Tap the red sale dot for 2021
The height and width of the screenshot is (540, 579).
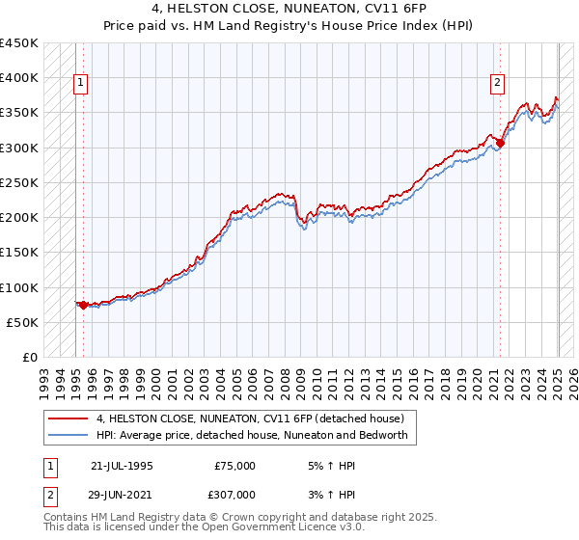pyautogui.click(x=500, y=144)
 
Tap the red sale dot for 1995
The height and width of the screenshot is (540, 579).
pyautogui.click(x=83, y=306)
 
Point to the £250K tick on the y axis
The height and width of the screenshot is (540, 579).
pyautogui.click(x=19, y=182)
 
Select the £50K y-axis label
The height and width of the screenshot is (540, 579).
pyautogui.click(x=23, y=322)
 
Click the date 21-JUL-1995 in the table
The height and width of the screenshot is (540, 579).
pyautogui.click(x=122, y=465)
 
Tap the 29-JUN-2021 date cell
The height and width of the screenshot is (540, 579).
pyautogui.click(x=122, y=494)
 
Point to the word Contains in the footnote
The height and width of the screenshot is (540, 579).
pyautogui.click(x=67, y=517)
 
